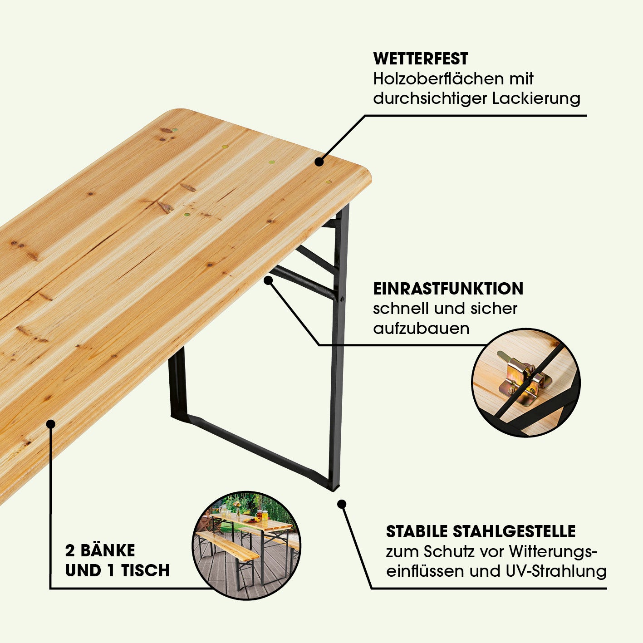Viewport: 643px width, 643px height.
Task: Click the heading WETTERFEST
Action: click(421, 59)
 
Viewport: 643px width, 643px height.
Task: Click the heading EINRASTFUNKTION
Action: click(448, 289)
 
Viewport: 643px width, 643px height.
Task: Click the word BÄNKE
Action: click(108, 551)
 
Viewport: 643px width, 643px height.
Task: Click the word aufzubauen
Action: click(421, 329)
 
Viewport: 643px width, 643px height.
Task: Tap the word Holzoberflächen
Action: click(439, 79)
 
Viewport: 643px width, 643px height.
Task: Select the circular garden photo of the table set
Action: click(246, 546)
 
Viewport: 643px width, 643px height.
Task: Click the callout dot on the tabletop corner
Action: click(319, 162)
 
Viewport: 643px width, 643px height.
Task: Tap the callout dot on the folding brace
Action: click(268, 280)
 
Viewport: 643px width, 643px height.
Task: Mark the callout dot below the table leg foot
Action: click(341, 504)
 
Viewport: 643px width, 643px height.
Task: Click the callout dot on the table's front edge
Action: click(51, 424)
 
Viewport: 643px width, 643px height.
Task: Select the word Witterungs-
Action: click(553, 552)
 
